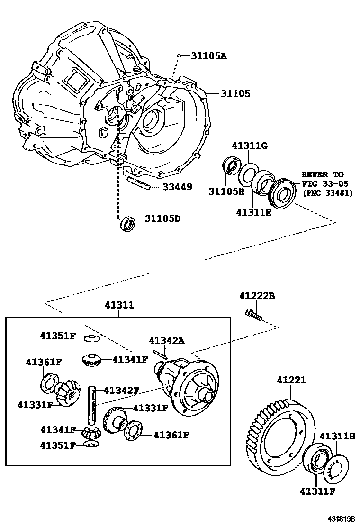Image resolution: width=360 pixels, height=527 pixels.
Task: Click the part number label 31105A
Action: [x=209, y=56]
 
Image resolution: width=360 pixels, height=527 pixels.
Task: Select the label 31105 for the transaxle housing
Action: [x=235, y=94]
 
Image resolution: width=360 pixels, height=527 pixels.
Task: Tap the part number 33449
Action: [x=177, y=187]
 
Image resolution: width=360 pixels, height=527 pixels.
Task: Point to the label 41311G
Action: [x=250, y=145]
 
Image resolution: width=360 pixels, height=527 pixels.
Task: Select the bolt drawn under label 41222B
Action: [x=253, y=314]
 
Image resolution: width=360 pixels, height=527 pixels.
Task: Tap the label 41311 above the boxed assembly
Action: [x=119, y=306]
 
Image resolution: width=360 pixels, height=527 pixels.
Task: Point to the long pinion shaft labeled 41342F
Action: [x=92, y=406]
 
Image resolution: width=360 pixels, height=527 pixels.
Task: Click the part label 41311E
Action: [x=253, y=213]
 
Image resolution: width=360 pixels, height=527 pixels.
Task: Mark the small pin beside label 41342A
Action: [x=161, y=352]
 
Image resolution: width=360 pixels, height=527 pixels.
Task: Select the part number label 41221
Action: [x=291, y=380]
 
